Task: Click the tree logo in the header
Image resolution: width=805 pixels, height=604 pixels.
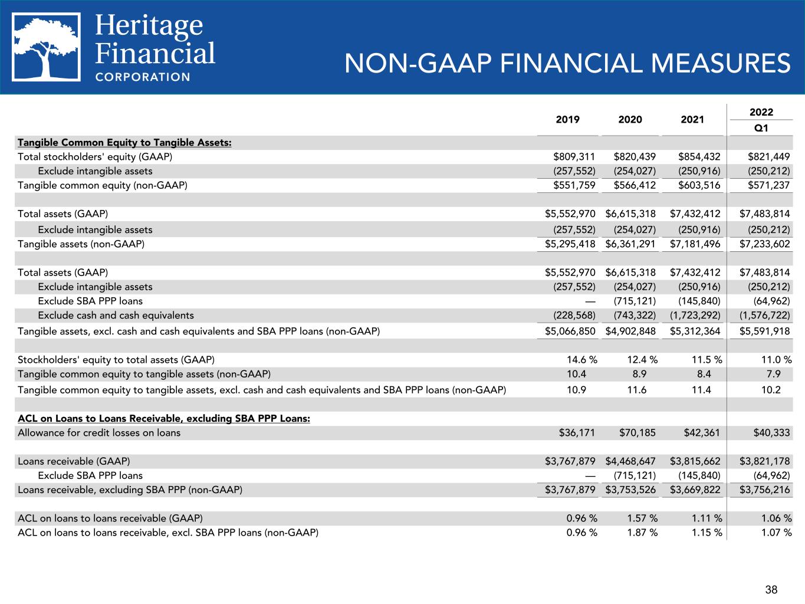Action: [46, 47]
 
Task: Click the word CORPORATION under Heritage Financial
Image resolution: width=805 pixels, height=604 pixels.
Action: [143, 77]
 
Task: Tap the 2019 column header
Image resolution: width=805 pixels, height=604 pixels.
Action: [567, 120]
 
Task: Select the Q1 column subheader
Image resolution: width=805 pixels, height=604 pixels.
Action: [761, 128]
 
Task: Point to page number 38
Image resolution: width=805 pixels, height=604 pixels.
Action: [771, 589]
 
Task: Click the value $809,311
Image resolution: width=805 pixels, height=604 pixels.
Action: [574, 157]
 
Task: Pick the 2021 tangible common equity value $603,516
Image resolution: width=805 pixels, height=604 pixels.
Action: [699, 185]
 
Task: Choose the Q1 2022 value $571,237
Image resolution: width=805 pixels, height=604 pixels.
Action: [768, 185]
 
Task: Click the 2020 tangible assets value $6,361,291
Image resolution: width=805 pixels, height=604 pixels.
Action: [630, 244]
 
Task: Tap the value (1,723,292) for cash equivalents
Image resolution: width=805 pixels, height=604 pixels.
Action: [695, 316]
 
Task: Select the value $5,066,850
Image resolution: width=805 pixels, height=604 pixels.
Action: [570, 331]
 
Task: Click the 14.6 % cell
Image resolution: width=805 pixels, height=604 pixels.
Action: [581, 360]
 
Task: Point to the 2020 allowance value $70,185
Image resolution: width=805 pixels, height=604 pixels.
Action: [637, 433]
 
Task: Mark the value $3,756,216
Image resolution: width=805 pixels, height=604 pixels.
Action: [765, 490]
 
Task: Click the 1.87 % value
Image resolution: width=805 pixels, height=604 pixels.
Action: [642, 533]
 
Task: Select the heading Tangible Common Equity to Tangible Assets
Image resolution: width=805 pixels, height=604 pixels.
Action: [124, 143]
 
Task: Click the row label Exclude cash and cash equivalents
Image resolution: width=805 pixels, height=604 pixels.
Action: [116, 316]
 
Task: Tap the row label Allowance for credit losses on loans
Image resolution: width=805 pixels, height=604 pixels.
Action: [99, 433]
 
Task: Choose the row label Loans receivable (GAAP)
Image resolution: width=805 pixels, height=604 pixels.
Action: [74, 461]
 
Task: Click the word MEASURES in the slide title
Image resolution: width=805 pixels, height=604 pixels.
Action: [721, 63]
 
